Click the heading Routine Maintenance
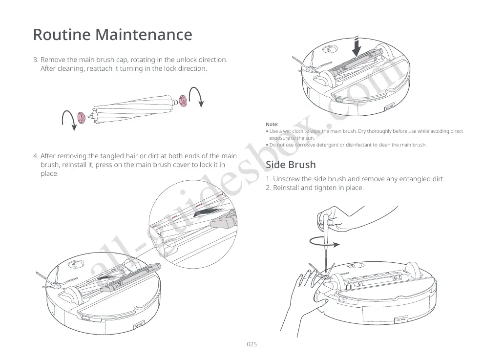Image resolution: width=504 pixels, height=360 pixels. pos(112,35)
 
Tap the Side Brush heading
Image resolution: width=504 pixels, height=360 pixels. pos(291,165)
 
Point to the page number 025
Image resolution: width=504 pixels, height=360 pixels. pos(252,344)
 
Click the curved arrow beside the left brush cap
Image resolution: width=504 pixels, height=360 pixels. pos(68,120)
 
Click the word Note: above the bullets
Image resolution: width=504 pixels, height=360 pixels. pos(272,125)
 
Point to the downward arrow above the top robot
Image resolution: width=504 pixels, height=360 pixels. pos(357,46)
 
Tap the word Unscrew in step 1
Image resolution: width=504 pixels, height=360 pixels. pos(287,179)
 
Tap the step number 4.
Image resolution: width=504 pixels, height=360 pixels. pos(36,156)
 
